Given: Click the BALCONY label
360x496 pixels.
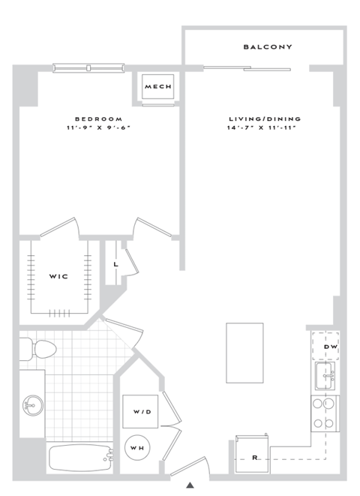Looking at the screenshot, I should click(x=267, y=47).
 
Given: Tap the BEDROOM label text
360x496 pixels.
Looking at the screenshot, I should click(x=98, y=119).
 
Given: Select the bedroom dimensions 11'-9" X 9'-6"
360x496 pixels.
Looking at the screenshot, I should click(x=98, y=128).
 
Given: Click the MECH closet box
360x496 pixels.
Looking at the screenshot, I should click(x=158, y=87).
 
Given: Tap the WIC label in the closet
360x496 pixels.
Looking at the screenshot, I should click(x=59, y=277).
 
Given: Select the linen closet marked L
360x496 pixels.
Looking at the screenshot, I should click(x=115, y=264).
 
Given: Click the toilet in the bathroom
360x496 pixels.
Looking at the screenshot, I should click(x=42, y=348).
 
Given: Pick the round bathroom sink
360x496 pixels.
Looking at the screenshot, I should click(x=32, y=406).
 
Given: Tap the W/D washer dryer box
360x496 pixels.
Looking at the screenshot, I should click(x=140, y=410).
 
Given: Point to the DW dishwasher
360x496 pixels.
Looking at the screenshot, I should click(x=326, y=346).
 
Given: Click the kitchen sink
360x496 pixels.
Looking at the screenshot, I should click(x=326, y=375).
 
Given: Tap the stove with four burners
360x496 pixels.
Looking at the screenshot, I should click(x=325, y=413).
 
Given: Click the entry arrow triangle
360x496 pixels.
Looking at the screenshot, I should click(x=191, y=484).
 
